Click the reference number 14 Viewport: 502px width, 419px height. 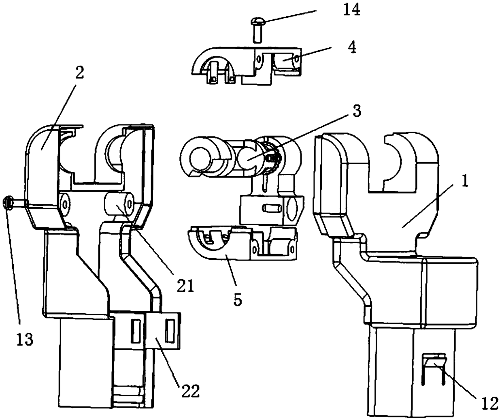(351, 10)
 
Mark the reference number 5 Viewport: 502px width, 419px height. (237, 300)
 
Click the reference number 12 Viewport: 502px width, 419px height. (491, 404)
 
